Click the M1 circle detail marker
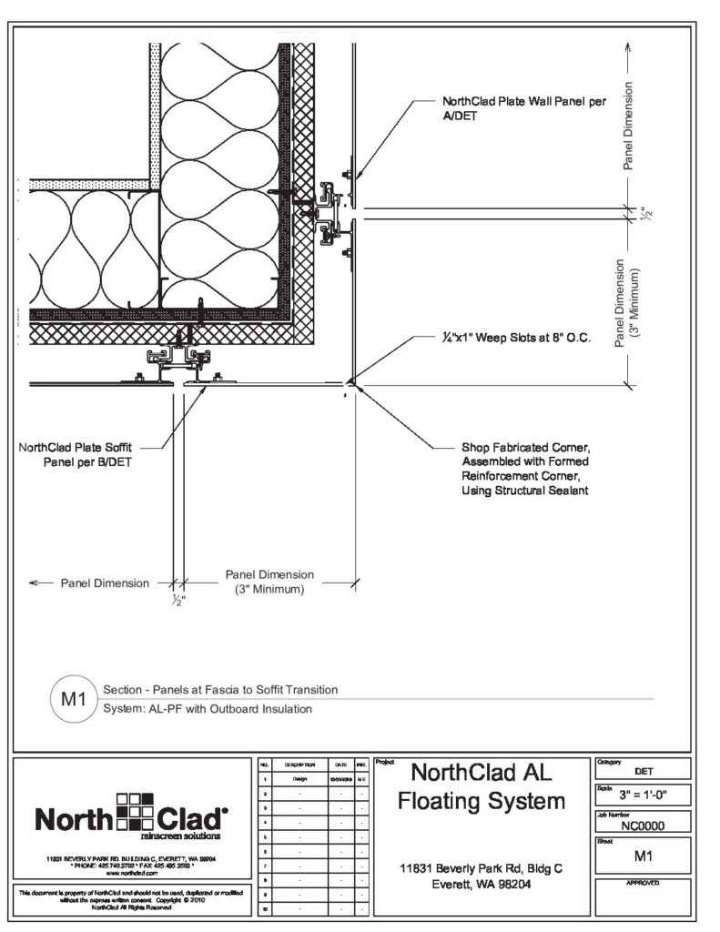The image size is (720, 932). [x=72, y=700]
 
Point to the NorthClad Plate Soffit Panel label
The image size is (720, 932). [x=81, y=454]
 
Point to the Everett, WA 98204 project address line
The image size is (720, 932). [x=481, y=884]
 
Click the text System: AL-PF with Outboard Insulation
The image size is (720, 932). [x=208, y=709]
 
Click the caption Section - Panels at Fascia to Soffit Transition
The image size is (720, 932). [x=221, y=690]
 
